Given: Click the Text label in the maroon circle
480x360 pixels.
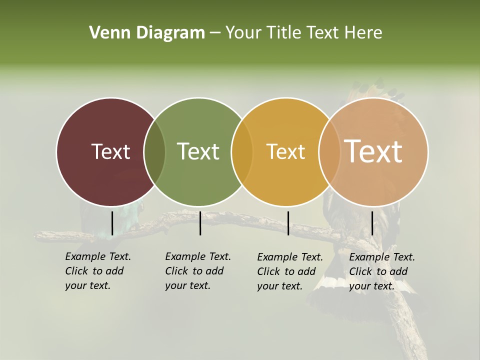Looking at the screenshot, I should click(x=110, y=151).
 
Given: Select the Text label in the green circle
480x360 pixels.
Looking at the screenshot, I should click(x=198, y=151).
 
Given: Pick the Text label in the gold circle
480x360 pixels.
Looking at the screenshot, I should click(x=285, y=151).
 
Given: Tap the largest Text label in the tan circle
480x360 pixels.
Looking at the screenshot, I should click(x=373, y=151).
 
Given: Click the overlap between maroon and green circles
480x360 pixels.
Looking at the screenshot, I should click(x=154, y=151).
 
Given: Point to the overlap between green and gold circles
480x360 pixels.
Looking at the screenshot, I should click(x=242, y=151).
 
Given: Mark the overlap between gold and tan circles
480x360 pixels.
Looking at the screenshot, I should click(x=329, y=151).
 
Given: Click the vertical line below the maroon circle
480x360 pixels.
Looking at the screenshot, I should click(x=112, y=223).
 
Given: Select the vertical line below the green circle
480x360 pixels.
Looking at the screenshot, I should click(x=200, y=223).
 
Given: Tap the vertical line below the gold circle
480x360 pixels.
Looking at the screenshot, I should click(x=288, y=223).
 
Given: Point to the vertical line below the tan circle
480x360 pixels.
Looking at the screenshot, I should click(x=372, y=223).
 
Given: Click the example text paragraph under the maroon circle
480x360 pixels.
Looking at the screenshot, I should click(x=97, y=271).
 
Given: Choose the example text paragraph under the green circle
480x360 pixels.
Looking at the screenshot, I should click(x=197, y=271).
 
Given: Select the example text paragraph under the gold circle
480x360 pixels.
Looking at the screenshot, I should click(x=289, y=271).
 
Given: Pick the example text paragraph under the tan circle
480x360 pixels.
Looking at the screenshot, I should click(x=381, y=271).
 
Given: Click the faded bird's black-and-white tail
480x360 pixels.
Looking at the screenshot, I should click(x=330, y=295).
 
